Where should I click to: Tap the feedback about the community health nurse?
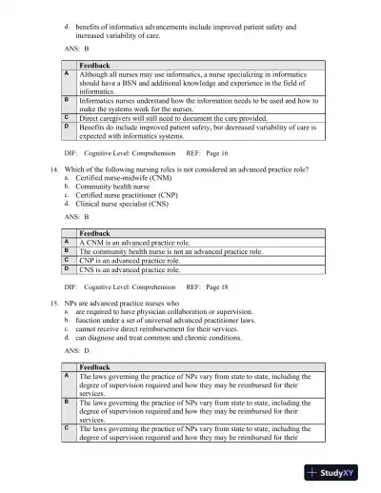(x=170, y=251)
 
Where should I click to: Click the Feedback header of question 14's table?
(x=95, y=233)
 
